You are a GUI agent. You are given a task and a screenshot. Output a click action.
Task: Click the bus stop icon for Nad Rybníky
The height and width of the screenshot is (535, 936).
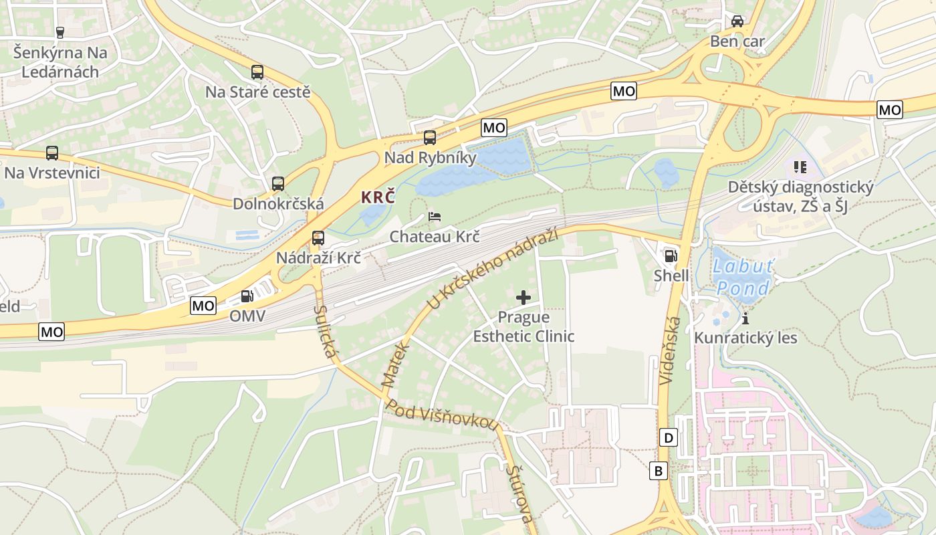(x=430, y=138)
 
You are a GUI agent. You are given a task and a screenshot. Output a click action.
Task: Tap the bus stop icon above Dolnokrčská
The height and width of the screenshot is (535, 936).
(x=278, y=183)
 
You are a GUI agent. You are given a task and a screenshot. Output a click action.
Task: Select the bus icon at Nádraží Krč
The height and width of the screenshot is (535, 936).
(x=318, y=237)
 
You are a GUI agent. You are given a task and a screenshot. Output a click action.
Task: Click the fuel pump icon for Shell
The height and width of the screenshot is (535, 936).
(x=670, y=255)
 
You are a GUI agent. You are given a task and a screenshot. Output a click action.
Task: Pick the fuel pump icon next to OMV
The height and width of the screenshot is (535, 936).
(x=247, y=296)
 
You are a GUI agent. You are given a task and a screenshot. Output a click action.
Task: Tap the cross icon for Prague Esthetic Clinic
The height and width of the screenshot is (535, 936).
(x=523, y=297)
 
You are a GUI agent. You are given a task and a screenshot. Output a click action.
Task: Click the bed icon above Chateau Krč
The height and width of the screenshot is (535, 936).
(x=435, y=217)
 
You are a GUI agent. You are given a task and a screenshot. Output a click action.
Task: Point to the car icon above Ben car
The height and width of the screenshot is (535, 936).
(x=737, y=21)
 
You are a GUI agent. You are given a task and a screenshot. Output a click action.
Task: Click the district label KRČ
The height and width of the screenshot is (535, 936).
(x=378, y=198)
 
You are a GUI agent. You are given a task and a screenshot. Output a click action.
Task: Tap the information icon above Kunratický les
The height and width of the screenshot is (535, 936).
(x=745, y=318)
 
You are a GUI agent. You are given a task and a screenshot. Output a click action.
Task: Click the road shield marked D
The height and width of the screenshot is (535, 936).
(x=669, y=438)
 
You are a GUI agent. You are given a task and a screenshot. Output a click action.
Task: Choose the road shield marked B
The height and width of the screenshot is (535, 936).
(x=659, y=471)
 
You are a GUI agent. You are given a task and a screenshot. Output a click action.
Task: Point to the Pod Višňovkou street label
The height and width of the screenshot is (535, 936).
(x=443, y=417)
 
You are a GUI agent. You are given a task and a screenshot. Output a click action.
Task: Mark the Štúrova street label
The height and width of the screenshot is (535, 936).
(x=519, y=494)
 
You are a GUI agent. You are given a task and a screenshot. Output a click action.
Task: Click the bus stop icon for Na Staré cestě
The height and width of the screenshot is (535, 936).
(x=257, y=72)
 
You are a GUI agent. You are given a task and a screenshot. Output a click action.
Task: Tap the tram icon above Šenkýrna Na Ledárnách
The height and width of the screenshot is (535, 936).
(x=60, y=32)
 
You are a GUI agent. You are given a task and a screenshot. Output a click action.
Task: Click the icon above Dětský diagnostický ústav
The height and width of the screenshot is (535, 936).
(x=800, y=167)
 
